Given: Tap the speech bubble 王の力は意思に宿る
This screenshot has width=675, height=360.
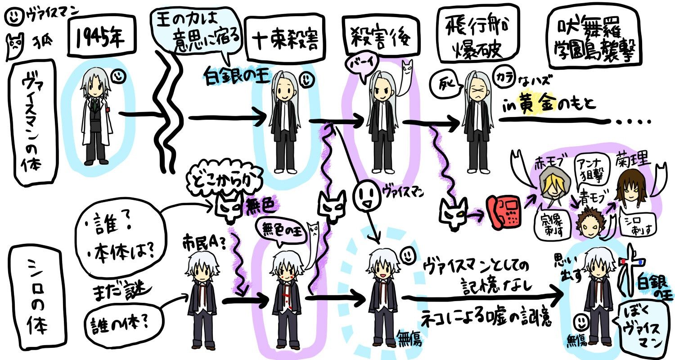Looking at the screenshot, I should pos(198,36).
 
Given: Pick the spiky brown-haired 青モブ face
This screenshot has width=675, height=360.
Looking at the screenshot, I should pos(586,222).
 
